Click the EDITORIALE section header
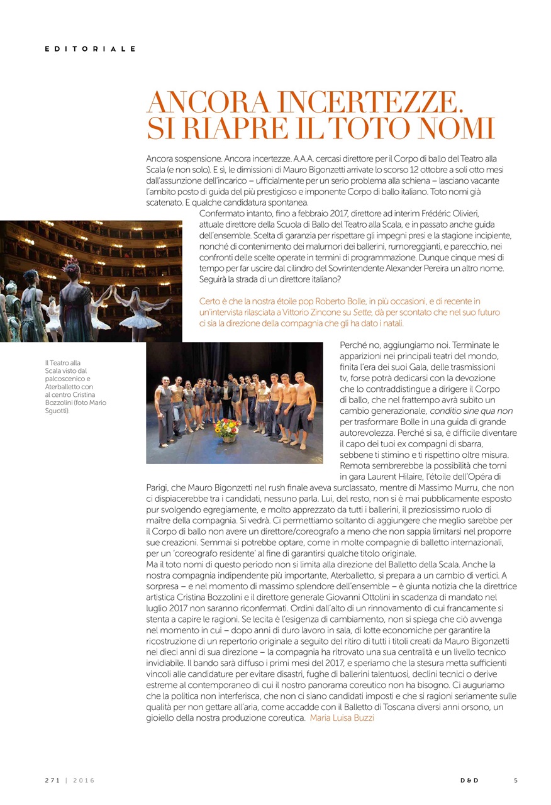[x=90, y=48]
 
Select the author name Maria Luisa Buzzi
[x=342, y=718]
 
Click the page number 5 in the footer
[x=515, y=780]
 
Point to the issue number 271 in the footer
[x=52, y=780]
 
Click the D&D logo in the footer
[x=469, y=780]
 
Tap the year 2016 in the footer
[x=84, y=780]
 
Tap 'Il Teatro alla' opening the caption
[x=62, y=363]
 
